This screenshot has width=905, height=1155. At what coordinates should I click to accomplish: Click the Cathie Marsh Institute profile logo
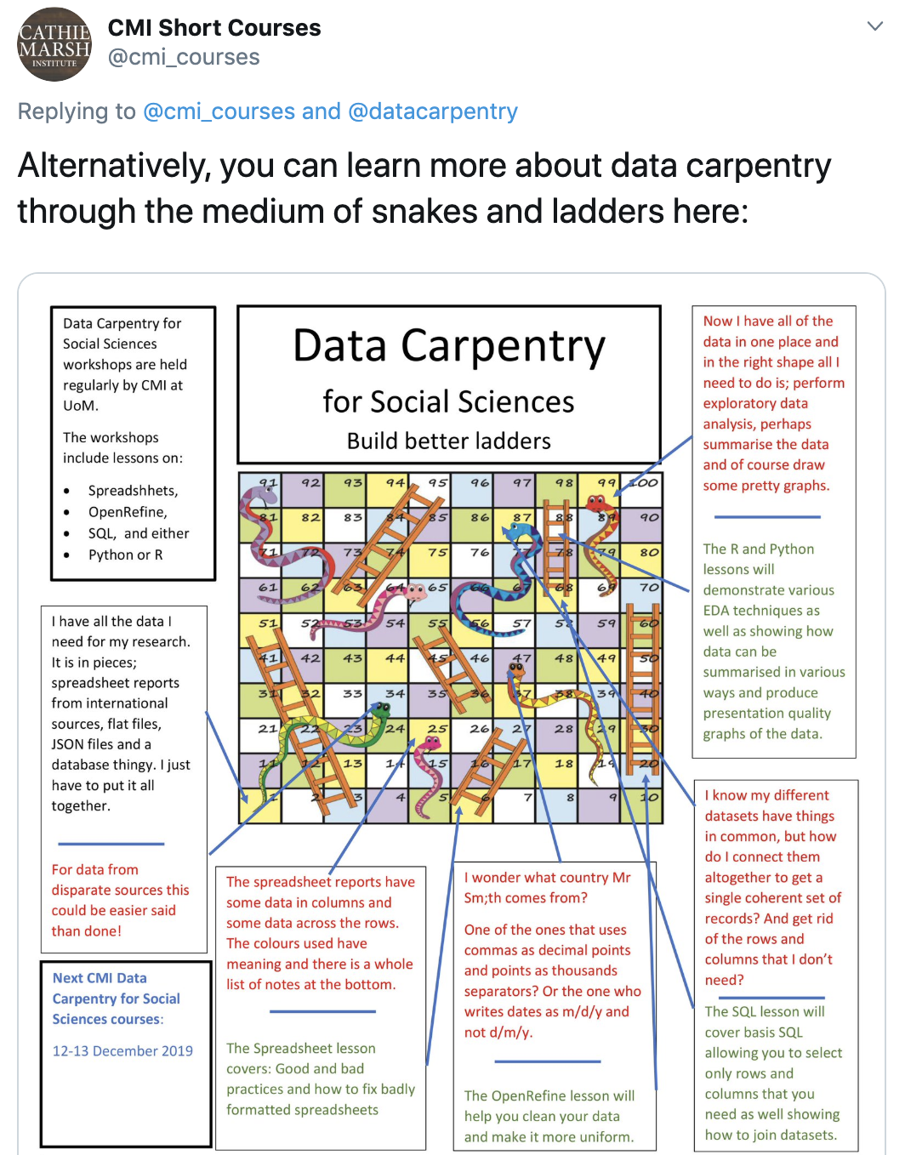54,44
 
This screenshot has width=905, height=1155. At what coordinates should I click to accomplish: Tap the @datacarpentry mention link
432,111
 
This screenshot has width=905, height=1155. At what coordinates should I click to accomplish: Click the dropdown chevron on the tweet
874,26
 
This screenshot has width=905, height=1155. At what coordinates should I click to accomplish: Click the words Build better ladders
448,441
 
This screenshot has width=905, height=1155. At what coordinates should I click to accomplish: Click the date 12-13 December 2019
122,1050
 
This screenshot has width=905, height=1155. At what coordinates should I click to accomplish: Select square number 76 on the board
480,553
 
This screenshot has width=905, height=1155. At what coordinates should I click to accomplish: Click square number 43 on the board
352,658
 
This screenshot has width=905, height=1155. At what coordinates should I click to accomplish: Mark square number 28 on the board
564,729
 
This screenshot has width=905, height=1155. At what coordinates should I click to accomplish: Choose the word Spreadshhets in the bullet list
133,491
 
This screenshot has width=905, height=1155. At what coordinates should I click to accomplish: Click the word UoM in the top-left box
80,406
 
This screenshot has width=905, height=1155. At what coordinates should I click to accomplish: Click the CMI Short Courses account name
214,28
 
